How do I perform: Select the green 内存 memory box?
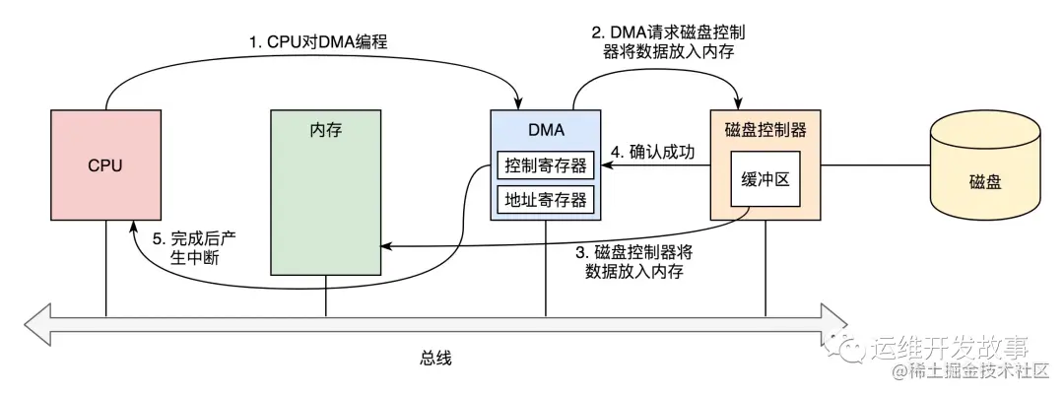(325, 192)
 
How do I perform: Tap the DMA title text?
(545, 130)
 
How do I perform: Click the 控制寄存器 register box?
(545, 165)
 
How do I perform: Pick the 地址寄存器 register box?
(545, 200)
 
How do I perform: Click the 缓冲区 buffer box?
(765, 180)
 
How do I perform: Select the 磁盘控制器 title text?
(765, 130)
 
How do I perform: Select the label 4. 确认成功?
(652, 153)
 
